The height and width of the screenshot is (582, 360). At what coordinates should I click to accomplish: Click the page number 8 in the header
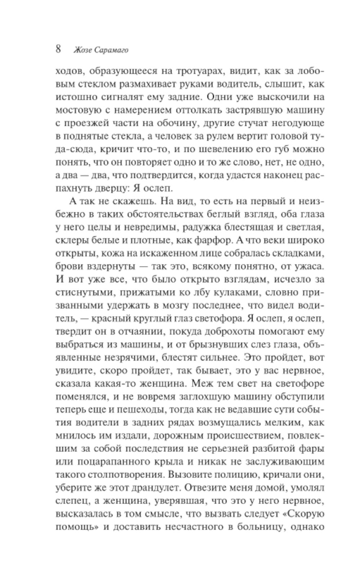(x=59, y=49)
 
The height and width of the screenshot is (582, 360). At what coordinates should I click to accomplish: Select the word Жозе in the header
(x=81, y=50)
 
